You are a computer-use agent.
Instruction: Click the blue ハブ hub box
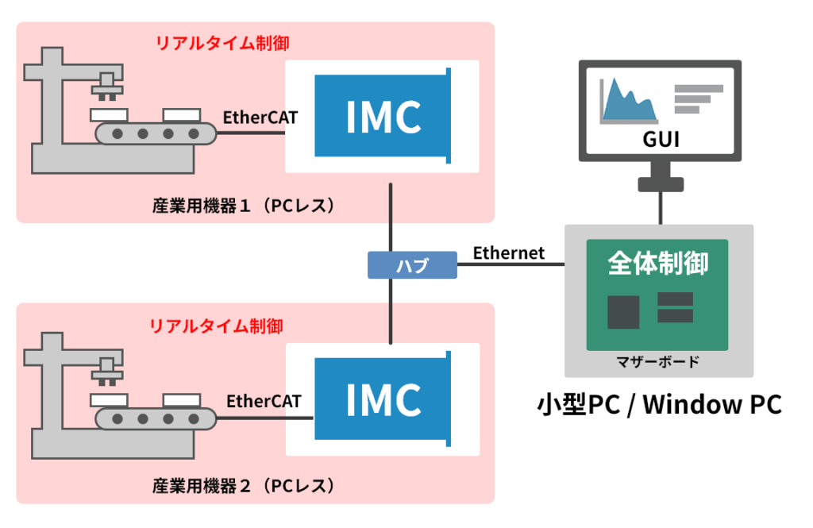412,265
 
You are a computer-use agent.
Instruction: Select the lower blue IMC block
383,399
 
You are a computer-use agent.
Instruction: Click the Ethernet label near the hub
509,253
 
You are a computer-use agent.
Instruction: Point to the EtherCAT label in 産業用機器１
260,118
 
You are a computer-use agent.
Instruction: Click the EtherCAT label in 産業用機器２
264,401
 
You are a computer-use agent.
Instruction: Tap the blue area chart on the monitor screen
627,100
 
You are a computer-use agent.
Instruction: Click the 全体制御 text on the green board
657,263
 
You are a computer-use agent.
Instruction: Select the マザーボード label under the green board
658,362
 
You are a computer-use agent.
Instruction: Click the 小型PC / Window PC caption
659,404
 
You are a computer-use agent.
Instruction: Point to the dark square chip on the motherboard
623,312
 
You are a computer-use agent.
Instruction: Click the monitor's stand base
660,185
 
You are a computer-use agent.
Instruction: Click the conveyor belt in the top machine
156,133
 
